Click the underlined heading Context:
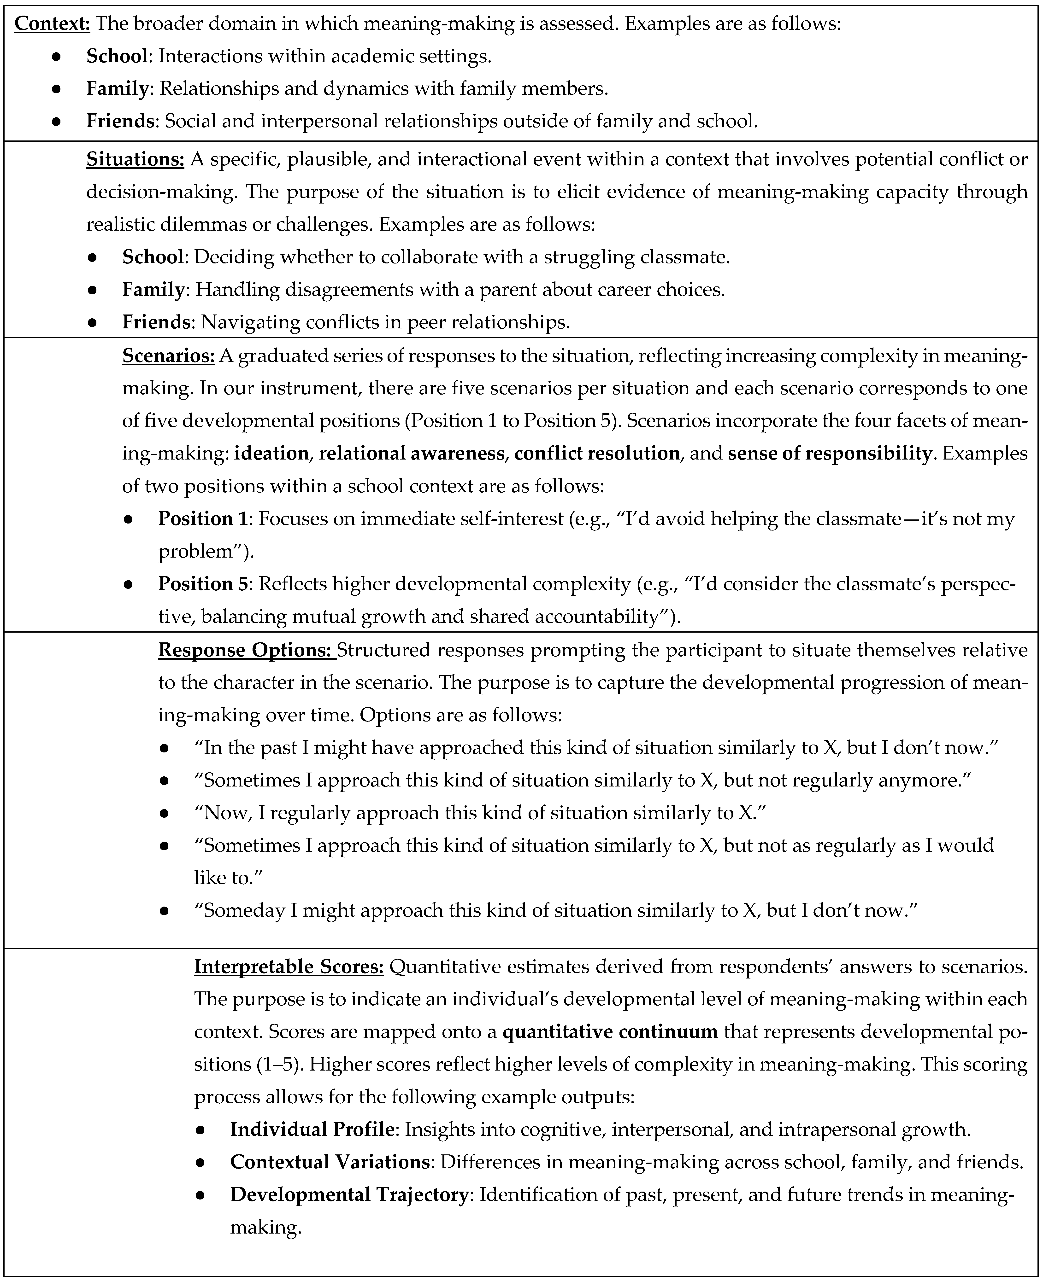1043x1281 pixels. (52, 23)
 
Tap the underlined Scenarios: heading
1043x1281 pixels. (168, 355)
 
